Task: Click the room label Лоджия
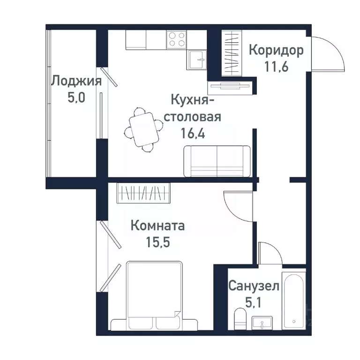(76, 81)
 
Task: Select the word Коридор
(276, 50)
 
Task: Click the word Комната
(157, 226)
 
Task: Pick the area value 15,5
(158, 243)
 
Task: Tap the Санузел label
(254, 285)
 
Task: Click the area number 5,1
(254, 300)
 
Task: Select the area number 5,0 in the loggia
(75, 98)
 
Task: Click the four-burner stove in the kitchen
(176, 39)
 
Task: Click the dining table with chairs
(143, 129)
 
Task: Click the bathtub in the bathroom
(294, 300)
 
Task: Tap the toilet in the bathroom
(240, 322)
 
